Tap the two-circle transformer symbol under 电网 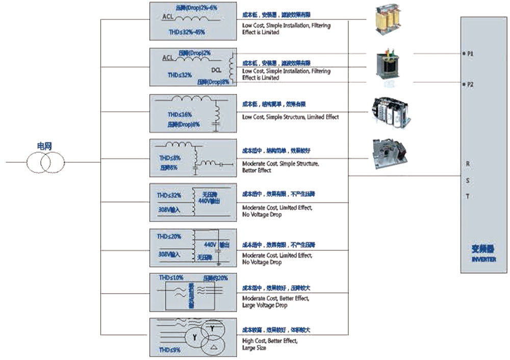pos(45,163)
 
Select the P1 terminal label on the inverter pos(470,53)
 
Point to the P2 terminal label pos(470,85)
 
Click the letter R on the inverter pos(468,164)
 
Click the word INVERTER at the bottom pos(483,260)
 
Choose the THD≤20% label pos(169,237)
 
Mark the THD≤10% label pos(171,278)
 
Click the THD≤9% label pos(170,350)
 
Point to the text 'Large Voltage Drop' pos(265,305)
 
